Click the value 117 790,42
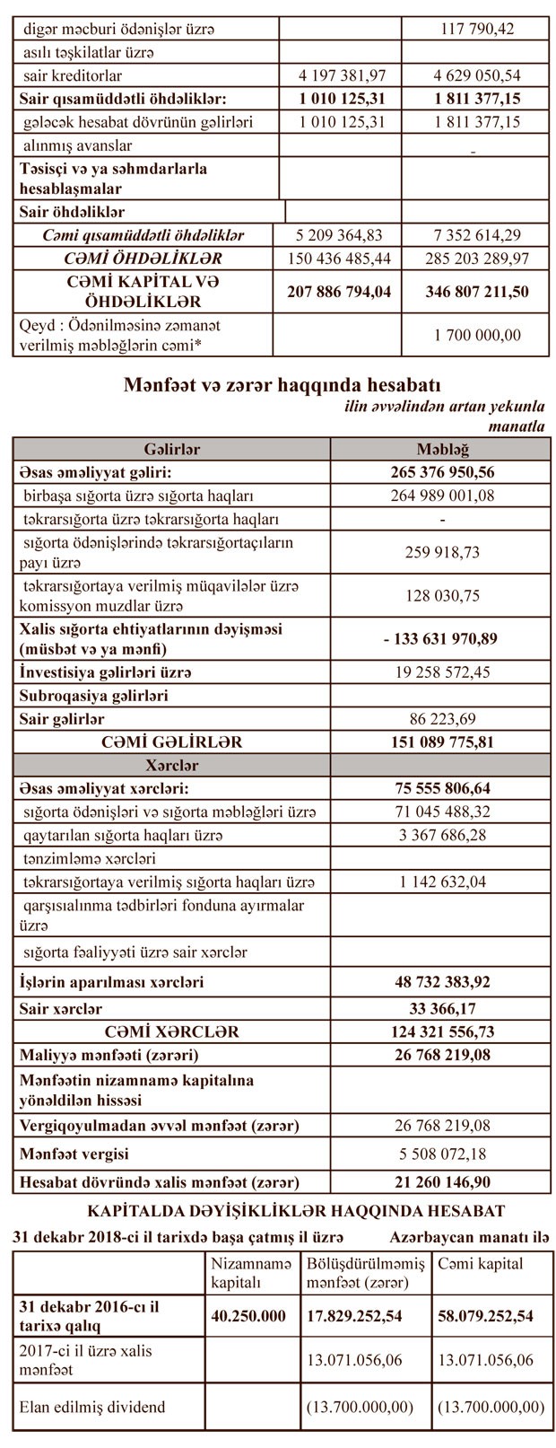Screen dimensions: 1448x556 (x=475, y=29)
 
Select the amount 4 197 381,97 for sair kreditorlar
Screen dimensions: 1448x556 (x=339, y=75)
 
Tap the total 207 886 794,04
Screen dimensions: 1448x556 (x=341, y=291)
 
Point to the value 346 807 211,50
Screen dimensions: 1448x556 (x=475, y=291)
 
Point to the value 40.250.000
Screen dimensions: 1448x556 (x=250, y=1316)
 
